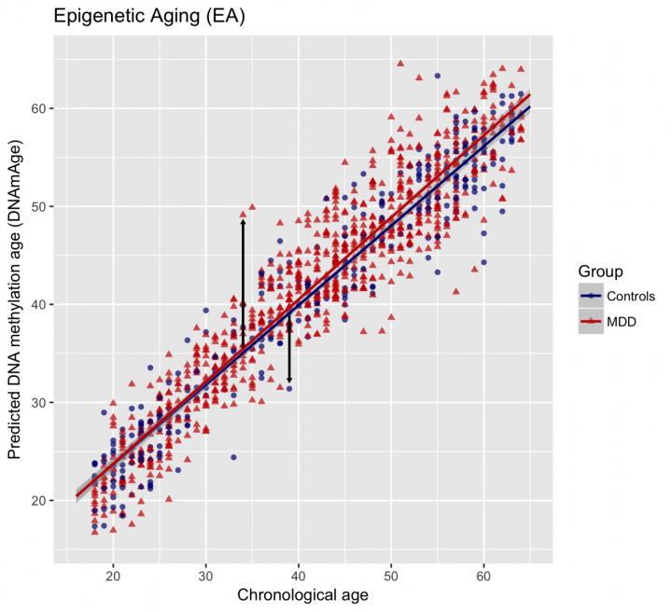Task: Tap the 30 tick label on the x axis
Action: [205, 576]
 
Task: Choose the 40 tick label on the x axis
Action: [299, 576]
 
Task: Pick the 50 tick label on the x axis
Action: [391, 576]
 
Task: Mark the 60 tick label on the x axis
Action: [483, 576]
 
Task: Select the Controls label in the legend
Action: [630, 297]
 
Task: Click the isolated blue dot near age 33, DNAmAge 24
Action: [233, 457]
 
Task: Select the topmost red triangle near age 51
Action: [400, 63]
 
